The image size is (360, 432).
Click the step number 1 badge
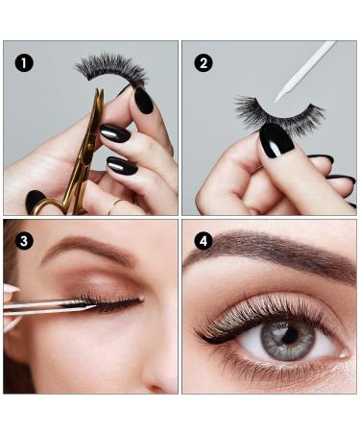pyautogui.click(x=24, y=63)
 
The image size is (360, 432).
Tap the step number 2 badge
pyautogui.click(x=204, y=63)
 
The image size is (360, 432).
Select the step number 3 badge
pyautogui.click(x=24, y=241)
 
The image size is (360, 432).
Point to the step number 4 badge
pyautogui.click(x=204, y=241)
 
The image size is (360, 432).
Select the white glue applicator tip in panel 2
pyautogui.click(x=277, y=98)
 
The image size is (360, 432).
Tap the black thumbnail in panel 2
pyautogui.click(x=276, y=140)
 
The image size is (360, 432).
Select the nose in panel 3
pyautogui.click(x=160, y=368)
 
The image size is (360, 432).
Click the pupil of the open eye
pyautogui.click(x=290, y=334)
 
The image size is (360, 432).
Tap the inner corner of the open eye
pyautogui.click(x=345, y=354)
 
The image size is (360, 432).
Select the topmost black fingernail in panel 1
pyautogui.click(x=143, y=100)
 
